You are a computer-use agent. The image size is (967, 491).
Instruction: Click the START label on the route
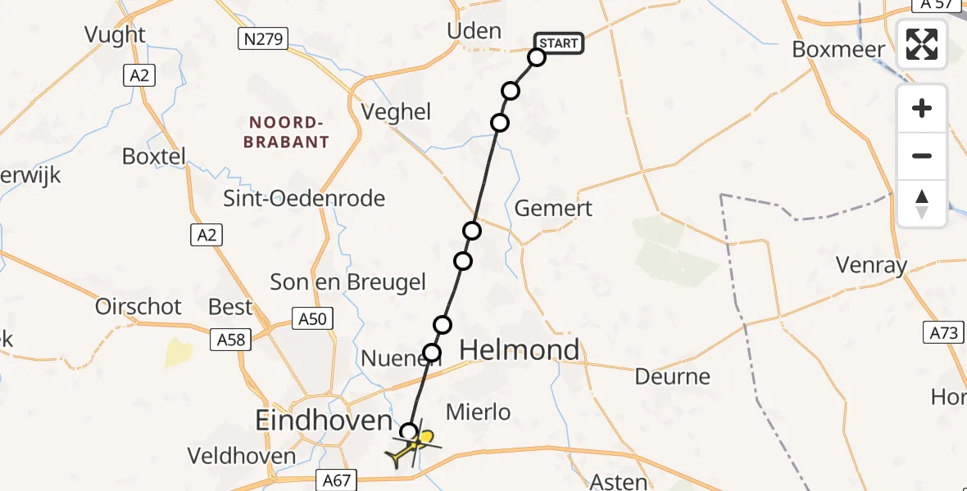click(x=559, y=43)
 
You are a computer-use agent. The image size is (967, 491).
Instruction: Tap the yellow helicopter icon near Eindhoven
click(x=416, y=446)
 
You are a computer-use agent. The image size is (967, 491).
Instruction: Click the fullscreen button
click(x=922, y=44)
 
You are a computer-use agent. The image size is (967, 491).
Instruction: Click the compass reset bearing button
click(x=922, y=204)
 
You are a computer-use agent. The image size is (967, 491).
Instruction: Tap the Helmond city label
click(x=520, y=350)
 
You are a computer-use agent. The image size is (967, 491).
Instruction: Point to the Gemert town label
click(x=553, y=209)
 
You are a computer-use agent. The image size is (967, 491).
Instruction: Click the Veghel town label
click(x=397, y=112)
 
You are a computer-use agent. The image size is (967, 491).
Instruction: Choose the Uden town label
click(x=474, y=32)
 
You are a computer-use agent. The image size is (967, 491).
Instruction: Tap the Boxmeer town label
click(x=838, y=49)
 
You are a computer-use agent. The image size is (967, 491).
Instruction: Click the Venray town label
click(x=871, y=265)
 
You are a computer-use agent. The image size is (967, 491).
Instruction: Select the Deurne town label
click(x=673, y=377)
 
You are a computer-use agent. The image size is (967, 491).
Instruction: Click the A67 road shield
click(x=334, y=481)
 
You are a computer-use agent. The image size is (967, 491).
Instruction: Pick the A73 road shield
click(x=945, y=332)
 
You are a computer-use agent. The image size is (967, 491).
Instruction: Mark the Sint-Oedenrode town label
click(x=304, y=198)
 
